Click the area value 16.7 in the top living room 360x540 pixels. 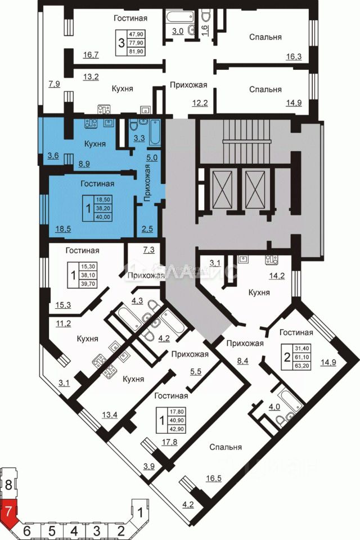pos(91,55)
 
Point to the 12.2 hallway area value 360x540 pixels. pos(185,102)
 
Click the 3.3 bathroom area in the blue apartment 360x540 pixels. pos(138,136)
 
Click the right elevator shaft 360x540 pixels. pos(254,185)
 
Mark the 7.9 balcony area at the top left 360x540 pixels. pos(54,84)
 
